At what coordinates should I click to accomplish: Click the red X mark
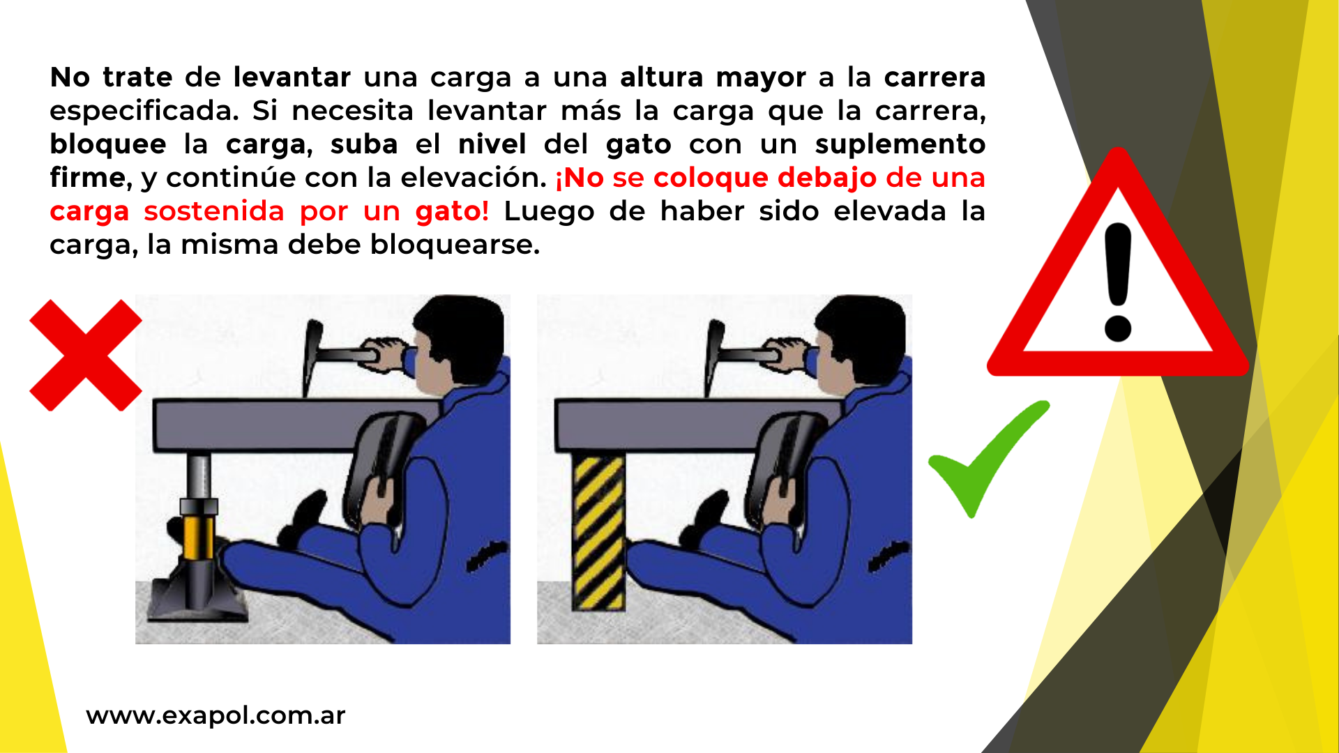86,355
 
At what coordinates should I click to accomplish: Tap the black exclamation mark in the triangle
1118,282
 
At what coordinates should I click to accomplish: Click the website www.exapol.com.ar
215,715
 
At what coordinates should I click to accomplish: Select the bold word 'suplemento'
900,145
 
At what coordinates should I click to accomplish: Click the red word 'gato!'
452,211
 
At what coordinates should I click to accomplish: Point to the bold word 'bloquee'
108,145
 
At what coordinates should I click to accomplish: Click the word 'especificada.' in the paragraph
144,112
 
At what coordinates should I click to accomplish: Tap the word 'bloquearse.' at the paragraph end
455,245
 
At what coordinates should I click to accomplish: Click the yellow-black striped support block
598,531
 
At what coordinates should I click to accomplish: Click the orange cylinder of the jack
199,537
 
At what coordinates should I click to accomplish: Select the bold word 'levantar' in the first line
292,77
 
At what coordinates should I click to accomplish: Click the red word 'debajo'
826,178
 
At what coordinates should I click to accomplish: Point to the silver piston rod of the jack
199,477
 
